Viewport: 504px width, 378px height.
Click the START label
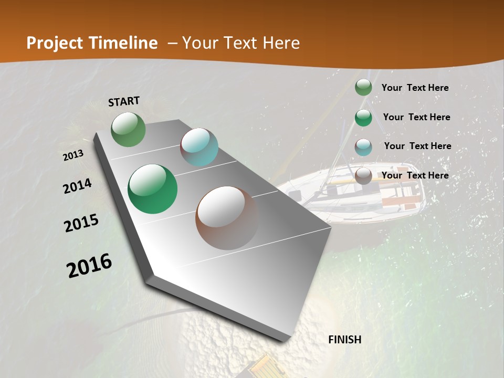pos(124,101)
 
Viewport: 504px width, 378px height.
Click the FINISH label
pos(344,340)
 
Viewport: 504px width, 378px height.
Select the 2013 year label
pos(73,155)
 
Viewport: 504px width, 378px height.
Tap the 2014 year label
pos(78,186)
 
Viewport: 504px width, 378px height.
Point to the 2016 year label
pos(89,266)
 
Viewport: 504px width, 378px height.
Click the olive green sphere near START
pos(129,129)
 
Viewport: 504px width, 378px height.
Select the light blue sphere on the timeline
pos(199,147)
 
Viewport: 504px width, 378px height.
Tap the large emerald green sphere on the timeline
pos(153,189)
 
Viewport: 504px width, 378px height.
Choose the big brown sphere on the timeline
pos(227,218)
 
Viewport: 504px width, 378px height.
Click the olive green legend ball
pos(363,88)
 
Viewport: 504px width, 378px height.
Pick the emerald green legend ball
pos(363,118)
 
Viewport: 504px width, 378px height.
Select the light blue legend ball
pos(363,147)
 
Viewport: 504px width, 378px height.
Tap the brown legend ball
pos(363,176)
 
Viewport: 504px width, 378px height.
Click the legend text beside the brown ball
pos(415,175)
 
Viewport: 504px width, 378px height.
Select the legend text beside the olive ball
pos(415,88)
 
